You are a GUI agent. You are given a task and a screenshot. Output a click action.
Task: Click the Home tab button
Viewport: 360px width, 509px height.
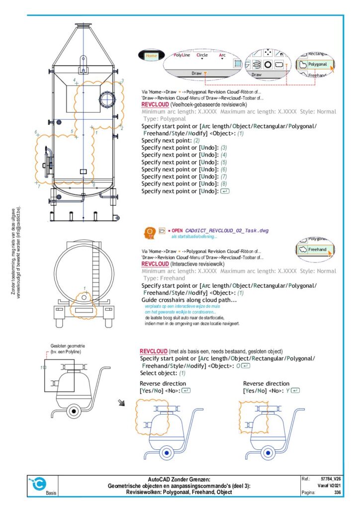click(151, 56)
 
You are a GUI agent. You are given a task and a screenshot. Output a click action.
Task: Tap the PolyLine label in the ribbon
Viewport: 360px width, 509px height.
click(181, 56)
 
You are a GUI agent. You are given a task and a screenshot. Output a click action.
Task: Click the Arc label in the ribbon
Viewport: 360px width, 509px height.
click(222, 56)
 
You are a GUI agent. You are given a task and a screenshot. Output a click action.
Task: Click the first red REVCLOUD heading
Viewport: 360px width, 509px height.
click(155, 105)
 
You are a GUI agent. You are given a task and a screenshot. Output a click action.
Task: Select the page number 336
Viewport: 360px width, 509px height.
click(338, 492)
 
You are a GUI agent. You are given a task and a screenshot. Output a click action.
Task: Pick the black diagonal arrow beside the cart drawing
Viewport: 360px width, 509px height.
click(121, 402)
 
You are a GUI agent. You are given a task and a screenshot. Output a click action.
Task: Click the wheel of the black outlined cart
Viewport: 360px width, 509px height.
click(74, 411)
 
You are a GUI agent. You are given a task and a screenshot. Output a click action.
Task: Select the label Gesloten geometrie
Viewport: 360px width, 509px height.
click(66, 346)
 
